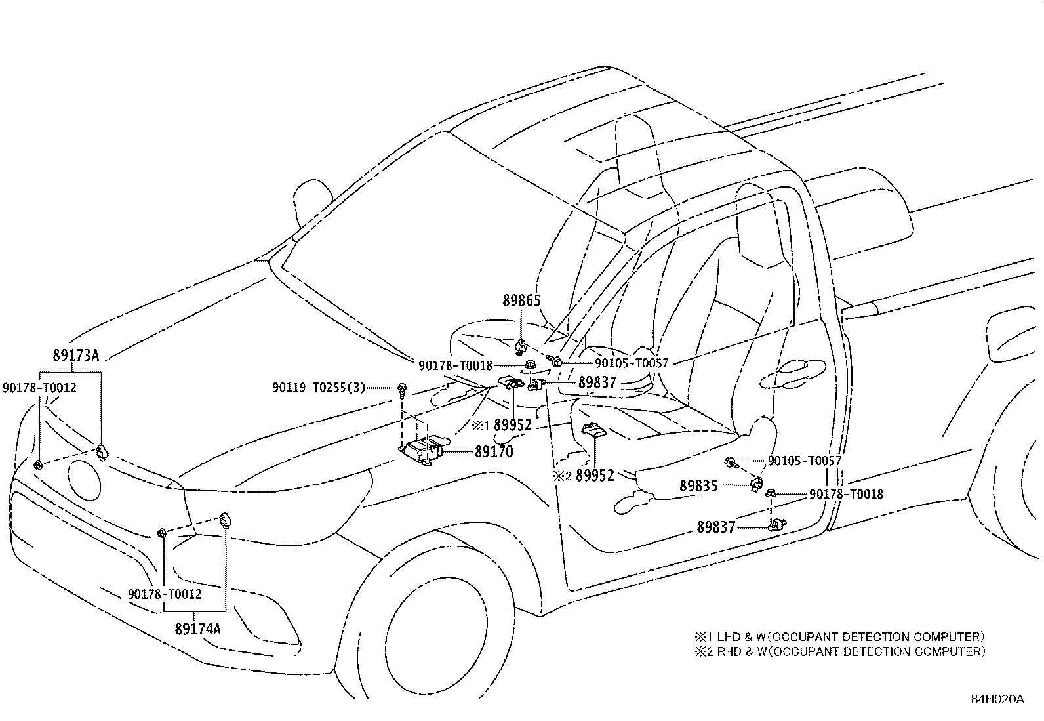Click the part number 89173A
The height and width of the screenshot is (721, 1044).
click(x=75, y=356)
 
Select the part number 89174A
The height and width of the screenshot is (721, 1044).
click(x=198, y=628)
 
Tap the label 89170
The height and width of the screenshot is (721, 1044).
click(x=494, y=451)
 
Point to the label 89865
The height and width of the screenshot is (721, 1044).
click(x=522, y=300)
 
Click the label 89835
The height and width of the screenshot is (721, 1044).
click(x=698, y=485)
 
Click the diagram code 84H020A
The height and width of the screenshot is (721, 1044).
click(x=997, y=699)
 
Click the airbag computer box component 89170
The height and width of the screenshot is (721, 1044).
click(x=422, y=451)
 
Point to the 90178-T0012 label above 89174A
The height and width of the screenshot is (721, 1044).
click(x=165, y=594)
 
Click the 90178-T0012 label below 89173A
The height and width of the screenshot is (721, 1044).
click(x=39, y=388)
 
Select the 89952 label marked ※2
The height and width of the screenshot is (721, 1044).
click(x=595, y=475)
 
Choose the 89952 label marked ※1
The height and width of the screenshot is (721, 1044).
click(x=512, y=425)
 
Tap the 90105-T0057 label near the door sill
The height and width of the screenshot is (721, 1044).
click(x=804, y=461)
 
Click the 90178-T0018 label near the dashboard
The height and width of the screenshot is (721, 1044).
click(x=456, y=365)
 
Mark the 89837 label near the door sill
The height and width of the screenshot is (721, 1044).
click(x=716, y=526)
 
